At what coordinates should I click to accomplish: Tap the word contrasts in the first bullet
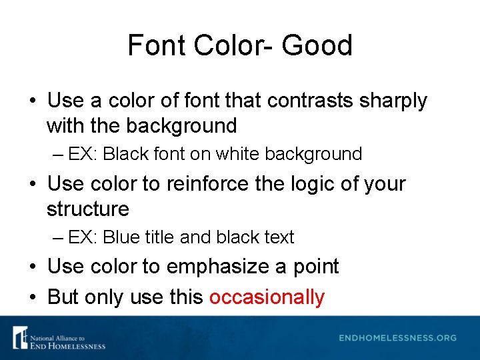click(x=316, y=101)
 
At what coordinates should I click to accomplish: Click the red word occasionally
click(x=267, y=297)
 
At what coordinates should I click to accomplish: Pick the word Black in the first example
click(x=127, y=154)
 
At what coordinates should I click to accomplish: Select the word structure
click(x=87, y=209)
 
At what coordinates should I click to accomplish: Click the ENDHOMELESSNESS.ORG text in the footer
click(x=398, y=338)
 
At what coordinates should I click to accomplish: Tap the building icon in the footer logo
click(x=19, y=337)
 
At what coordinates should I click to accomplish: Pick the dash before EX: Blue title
click(x=57, y=237)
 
